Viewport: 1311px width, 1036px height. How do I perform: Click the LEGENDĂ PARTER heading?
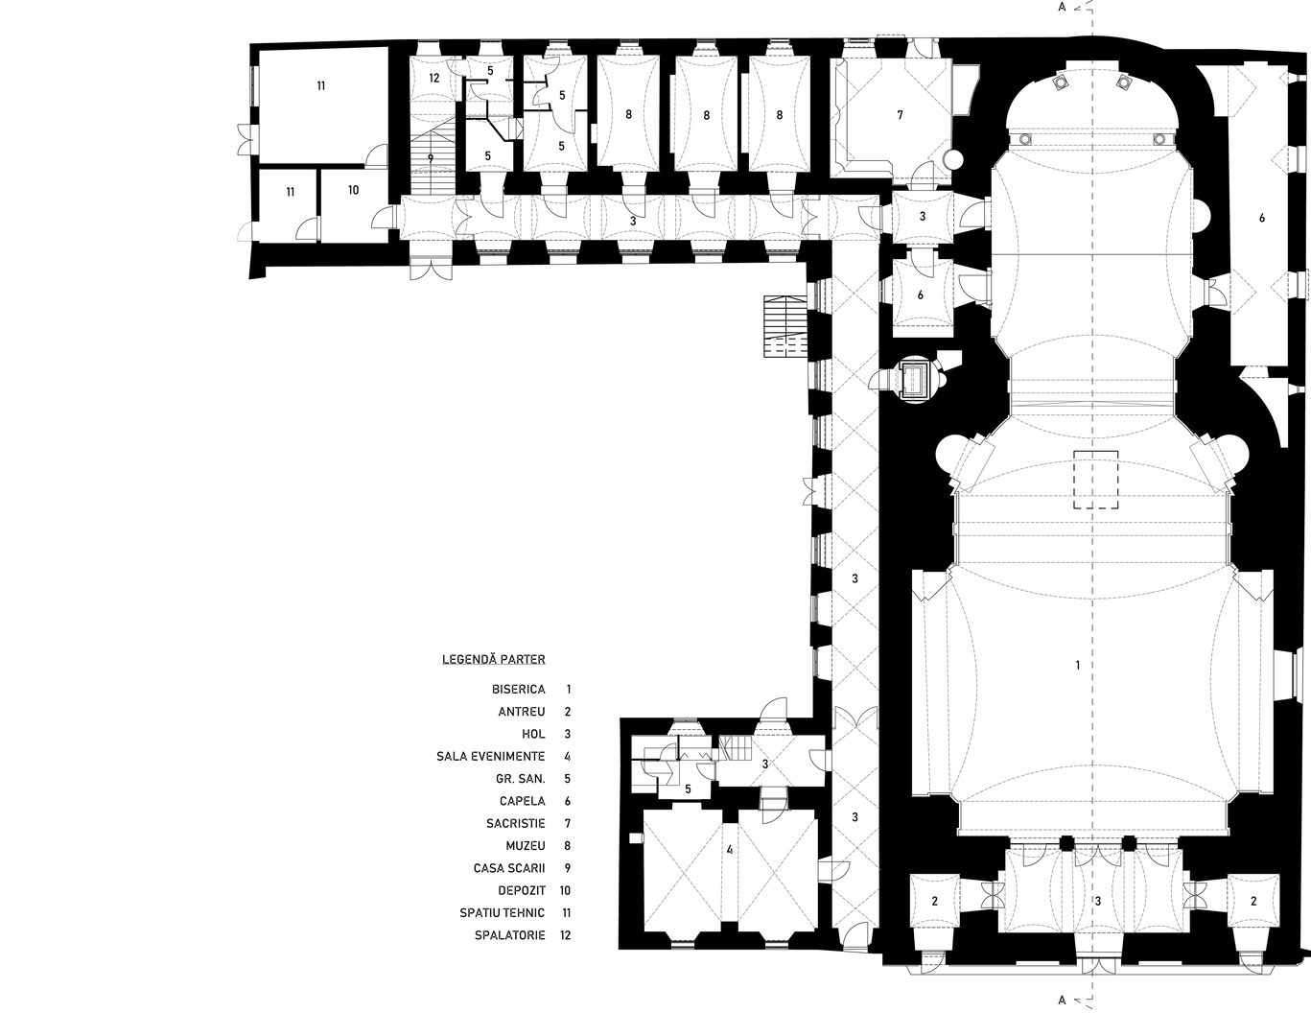[494, 659]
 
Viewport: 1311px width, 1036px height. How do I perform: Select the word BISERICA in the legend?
[519, 690]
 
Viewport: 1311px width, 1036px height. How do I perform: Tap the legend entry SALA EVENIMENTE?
[490, 756]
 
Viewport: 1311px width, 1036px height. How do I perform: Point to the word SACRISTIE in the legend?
[515, 823]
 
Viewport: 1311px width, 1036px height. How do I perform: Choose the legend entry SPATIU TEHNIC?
[503, 913]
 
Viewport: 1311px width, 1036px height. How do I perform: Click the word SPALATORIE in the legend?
[510, 935]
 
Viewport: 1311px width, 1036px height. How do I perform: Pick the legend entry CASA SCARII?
[509, 868]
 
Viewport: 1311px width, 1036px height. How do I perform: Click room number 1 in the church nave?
[1078, 665]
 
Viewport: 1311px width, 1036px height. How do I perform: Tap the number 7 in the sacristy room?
[900, 114]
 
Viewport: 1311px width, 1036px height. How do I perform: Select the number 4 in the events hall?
[729, 849]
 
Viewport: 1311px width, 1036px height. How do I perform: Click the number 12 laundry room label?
[433, 78]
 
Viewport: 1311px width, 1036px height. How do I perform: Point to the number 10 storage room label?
[353, 190]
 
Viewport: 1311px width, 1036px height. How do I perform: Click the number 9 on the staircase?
[430, 158]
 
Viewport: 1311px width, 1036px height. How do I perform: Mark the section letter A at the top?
[1062, 8]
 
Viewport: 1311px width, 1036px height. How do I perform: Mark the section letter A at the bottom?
[1062, 1017]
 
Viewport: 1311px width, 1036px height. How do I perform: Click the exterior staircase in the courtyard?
[785, 326]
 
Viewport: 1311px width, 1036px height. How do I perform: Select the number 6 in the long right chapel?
[1262, 218]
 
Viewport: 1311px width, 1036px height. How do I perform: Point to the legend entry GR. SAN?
[521, 779]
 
